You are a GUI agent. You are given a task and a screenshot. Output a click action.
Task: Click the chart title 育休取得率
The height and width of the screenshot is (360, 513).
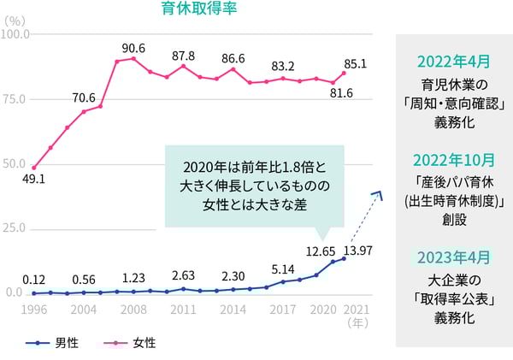tap(199, 10)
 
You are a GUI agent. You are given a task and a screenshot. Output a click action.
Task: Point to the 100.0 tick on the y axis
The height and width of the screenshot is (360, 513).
tap(15, 35)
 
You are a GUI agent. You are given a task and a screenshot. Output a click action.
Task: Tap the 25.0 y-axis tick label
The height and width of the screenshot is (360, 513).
tap(15, 228)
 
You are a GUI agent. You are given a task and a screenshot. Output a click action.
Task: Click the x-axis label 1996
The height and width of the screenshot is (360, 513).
tap(34, 310)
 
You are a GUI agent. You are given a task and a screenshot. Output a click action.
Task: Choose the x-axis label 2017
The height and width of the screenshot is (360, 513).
tap(283, 310)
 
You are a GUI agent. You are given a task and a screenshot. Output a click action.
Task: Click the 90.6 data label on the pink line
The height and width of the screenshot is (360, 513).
tap(134, 47)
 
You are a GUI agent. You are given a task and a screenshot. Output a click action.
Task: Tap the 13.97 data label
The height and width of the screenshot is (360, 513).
tap(357, 249)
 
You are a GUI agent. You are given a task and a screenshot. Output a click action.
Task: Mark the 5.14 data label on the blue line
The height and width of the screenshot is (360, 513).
tap(283, 269)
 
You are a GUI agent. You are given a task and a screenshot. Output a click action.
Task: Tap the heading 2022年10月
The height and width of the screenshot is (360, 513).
tap(454, 160)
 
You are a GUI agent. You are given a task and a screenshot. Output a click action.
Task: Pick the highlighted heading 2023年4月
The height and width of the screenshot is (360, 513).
tap(454, 257)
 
